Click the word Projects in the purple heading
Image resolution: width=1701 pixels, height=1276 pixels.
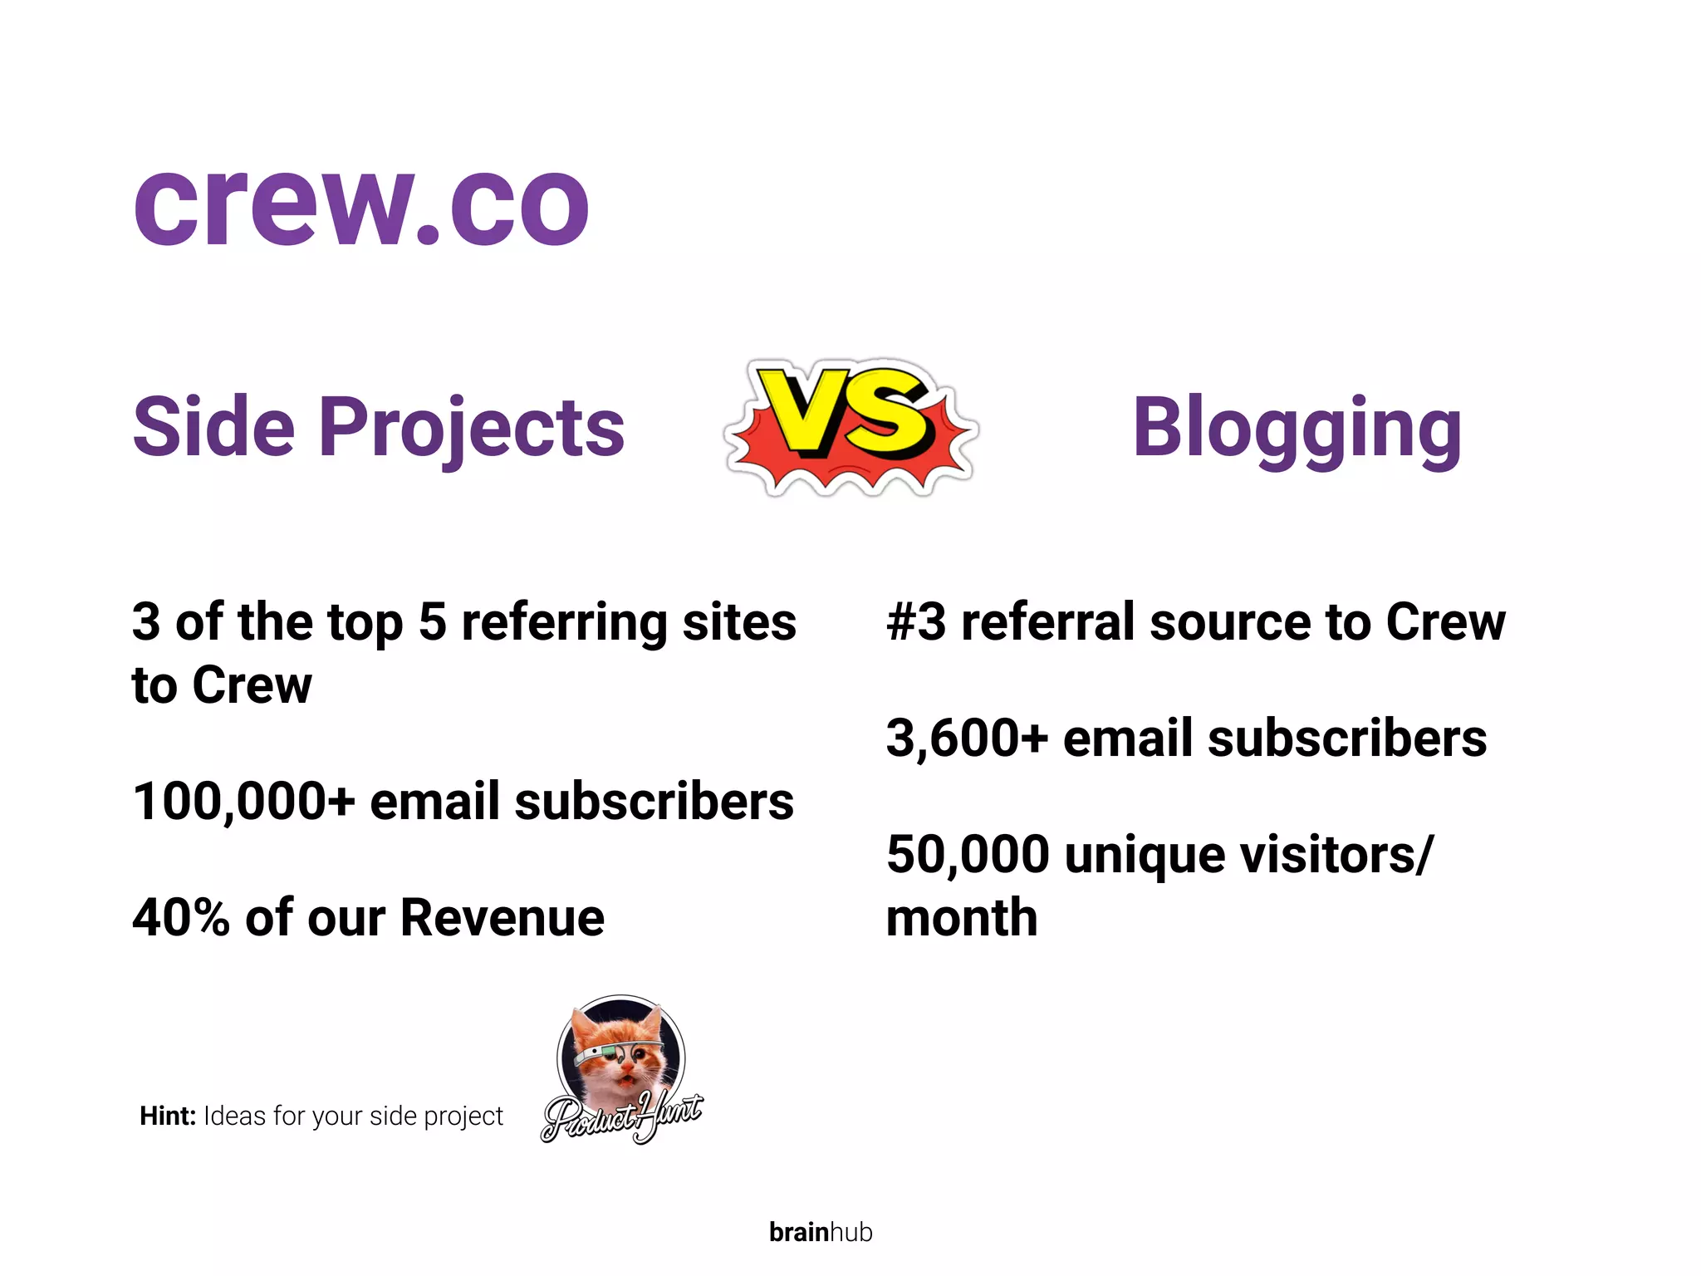point(471,428)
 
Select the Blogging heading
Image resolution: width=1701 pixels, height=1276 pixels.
point(1297,428)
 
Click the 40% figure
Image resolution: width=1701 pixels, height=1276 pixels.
point(180,918)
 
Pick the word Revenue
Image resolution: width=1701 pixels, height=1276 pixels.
point(502,918)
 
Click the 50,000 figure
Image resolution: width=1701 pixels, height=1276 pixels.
point(968,855)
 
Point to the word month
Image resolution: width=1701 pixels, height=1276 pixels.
point(962,918)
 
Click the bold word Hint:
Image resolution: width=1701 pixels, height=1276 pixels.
point(168,1116)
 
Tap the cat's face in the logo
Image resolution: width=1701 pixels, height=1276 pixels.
point(623,1055)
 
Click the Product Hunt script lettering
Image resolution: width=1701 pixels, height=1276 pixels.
point(621,1117)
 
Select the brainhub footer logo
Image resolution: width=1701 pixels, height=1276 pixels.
point(821,1232)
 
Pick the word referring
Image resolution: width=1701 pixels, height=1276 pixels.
point(564,623)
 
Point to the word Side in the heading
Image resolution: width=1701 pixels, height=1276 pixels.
point(213,428)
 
